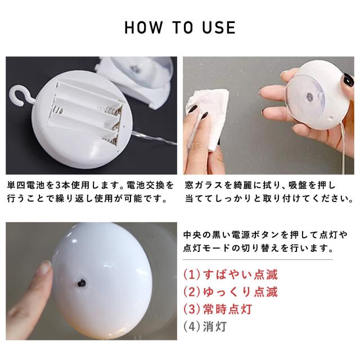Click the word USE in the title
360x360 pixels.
[x=219, y=28]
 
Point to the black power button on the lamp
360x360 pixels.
[x=82, y=283]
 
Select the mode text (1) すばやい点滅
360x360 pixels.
[x=231, y=274]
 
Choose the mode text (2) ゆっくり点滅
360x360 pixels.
[x=231, y=292]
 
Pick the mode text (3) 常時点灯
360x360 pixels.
[x=218, y=309]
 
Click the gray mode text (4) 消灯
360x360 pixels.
[x=205, y=326]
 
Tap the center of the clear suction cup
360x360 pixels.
[x=309, y=96]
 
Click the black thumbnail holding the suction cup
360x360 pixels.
[x=348, y=79]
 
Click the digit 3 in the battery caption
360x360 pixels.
[x=58, y=185]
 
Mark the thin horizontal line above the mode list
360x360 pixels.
[x=258, y=260]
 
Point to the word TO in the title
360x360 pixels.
[x=182, y=28]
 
